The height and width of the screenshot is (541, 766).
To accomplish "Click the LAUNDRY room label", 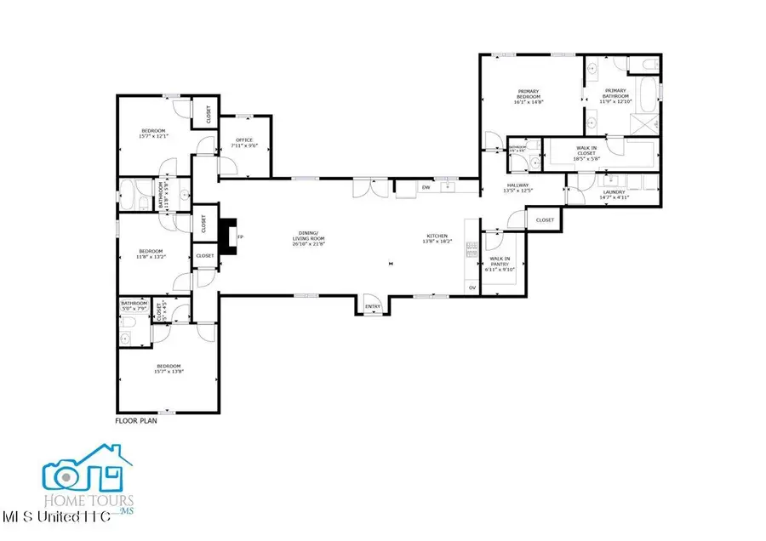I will tap(614, 192).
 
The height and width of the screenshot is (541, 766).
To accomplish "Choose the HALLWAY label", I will tap(517, 185).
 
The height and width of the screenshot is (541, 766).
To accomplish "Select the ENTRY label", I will tap(372, 307).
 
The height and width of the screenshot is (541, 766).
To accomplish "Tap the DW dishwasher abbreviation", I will tap(426, 188).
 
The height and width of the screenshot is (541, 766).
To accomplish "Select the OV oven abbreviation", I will tap(472, 288).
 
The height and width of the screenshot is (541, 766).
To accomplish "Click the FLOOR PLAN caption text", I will tap(136, 420).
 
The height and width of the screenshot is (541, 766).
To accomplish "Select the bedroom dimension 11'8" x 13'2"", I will tap(151, 255).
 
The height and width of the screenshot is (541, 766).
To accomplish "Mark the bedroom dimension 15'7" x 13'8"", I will tap(169, 371).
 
